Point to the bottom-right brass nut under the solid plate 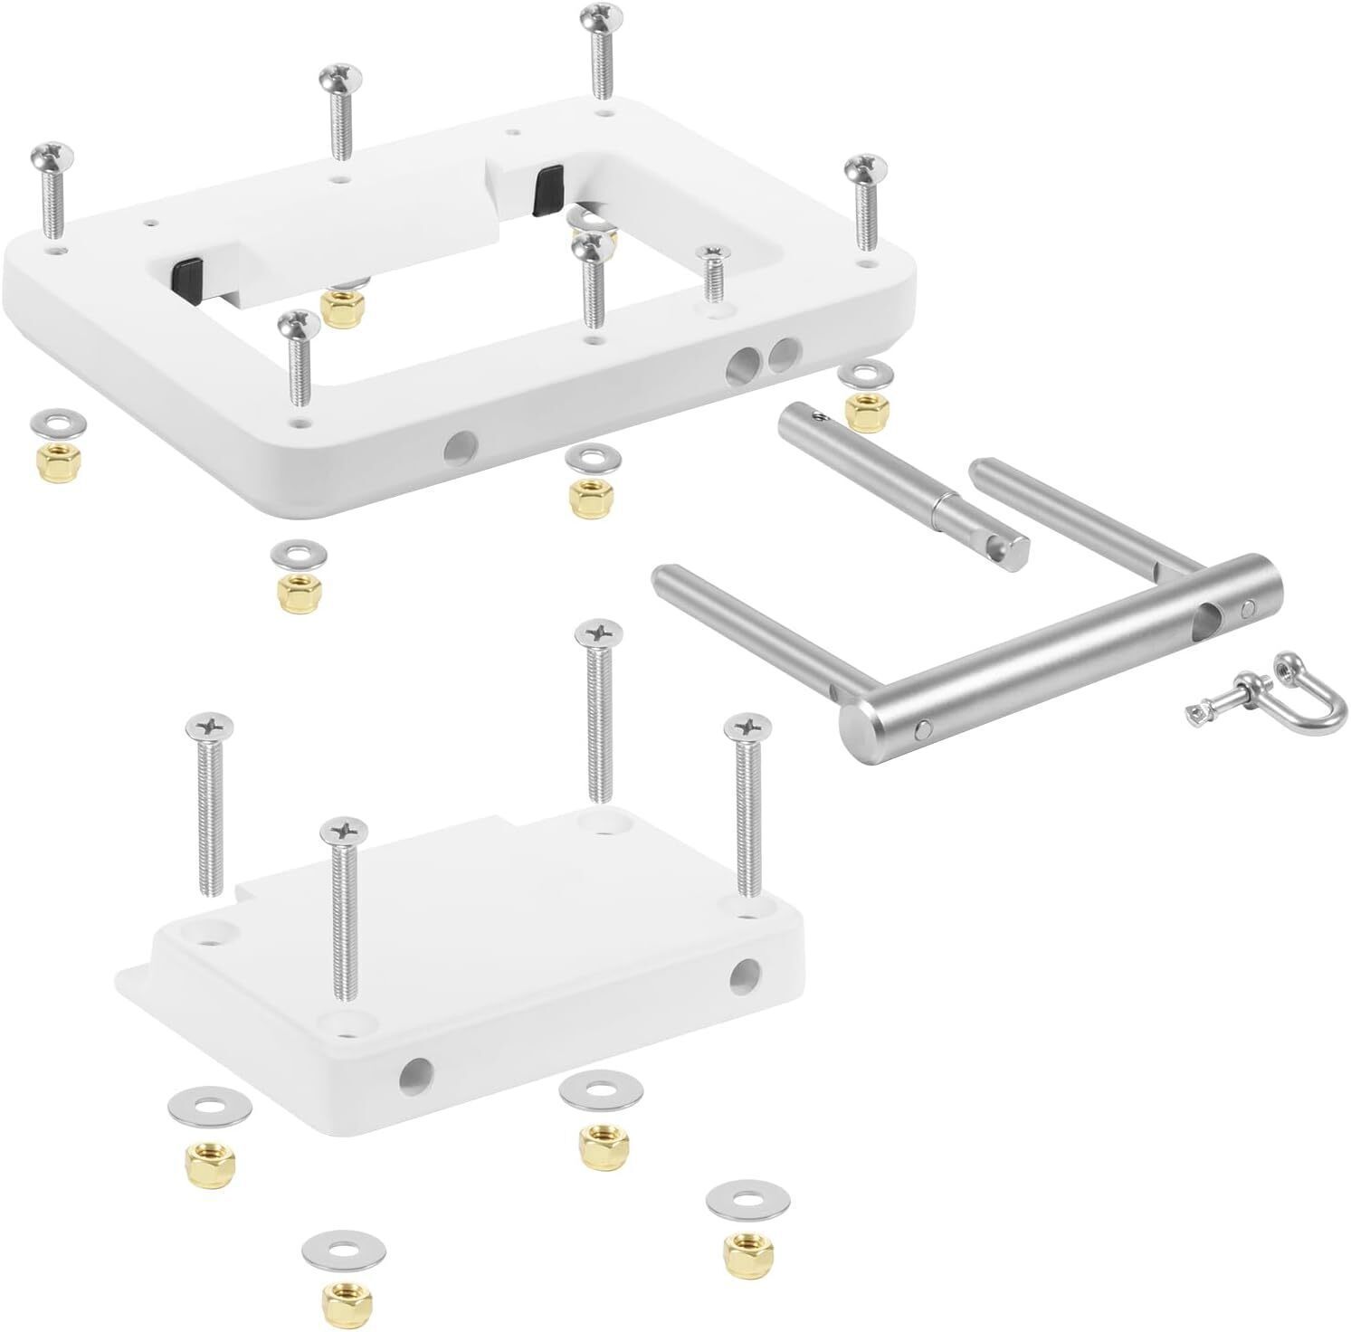(x=741, y=1251)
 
